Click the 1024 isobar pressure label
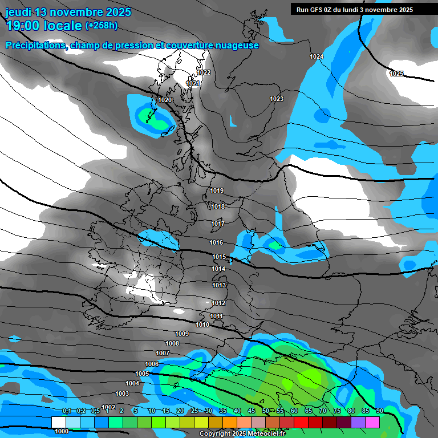tap(317, 56)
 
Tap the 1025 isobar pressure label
tap(396, 74)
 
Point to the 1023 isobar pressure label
tap(277, 99)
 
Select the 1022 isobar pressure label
tap(204, 72)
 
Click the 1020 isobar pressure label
tap(165, 100)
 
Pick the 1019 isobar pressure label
tap(217, 190)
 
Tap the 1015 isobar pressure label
tap(219, 257)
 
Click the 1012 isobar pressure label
tap(218, 303)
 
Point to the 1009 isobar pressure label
tap(181, 334)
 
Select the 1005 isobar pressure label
tap(142, 374)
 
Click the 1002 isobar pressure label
tap(108, 407)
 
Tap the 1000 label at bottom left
tap(62, 431)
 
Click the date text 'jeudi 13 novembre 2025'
tap(68, 12)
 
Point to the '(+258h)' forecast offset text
tap(101, 26)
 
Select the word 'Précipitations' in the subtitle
tap(35, 45)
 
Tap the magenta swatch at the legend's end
tap(372, 422)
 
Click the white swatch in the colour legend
tap(58, 422)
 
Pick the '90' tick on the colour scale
tap(379, 411)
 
